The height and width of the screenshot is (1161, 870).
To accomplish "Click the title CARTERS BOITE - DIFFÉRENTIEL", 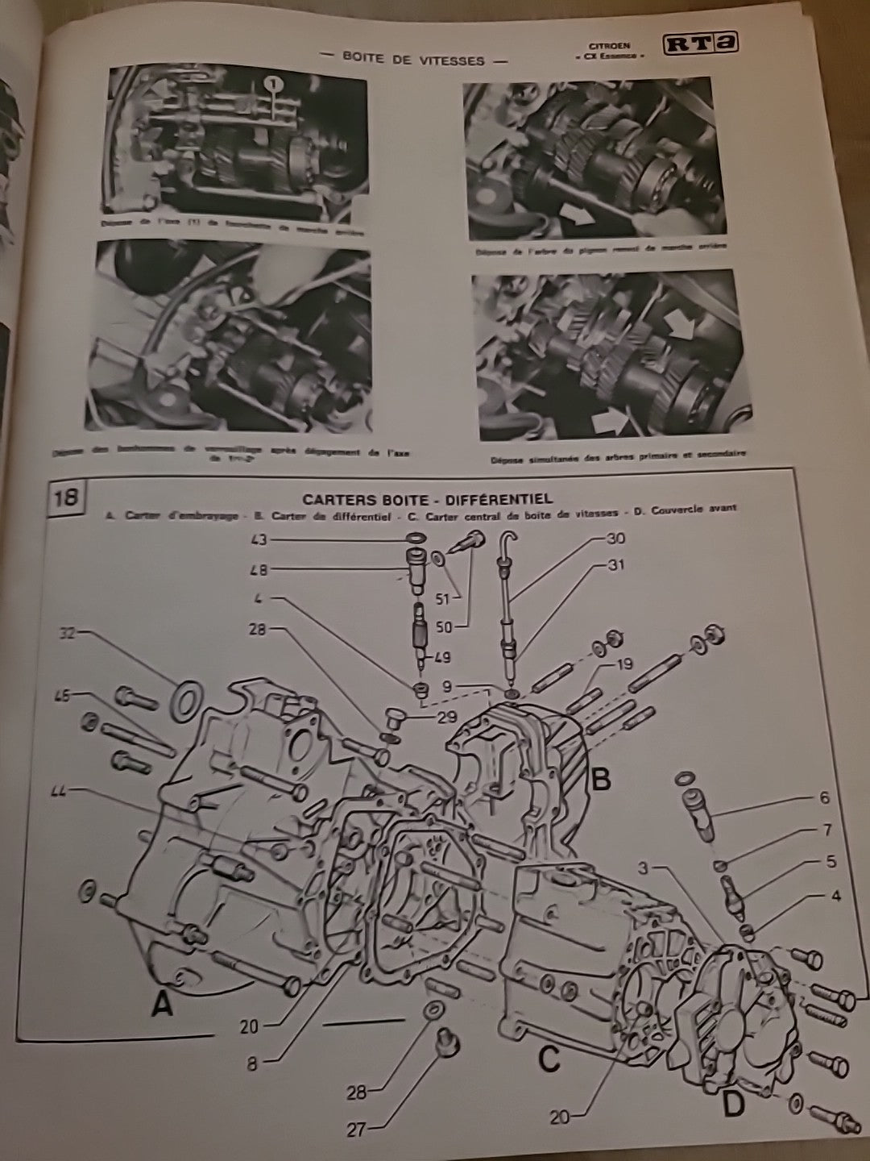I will click(427, 500).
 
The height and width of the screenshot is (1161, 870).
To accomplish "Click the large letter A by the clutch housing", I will click(164, 1005).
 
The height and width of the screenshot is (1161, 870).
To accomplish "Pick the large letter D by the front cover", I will click(733, 1104).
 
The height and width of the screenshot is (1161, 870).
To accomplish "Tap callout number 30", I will click(615, 538).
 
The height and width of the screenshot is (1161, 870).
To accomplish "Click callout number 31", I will click(615, 566).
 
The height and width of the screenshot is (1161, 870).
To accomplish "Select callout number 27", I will click(357, 1130).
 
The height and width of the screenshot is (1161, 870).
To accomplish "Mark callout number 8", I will click(252, 1063).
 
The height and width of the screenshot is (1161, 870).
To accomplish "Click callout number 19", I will click(624, 664).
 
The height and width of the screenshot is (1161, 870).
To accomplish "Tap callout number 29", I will click(445, 717).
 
